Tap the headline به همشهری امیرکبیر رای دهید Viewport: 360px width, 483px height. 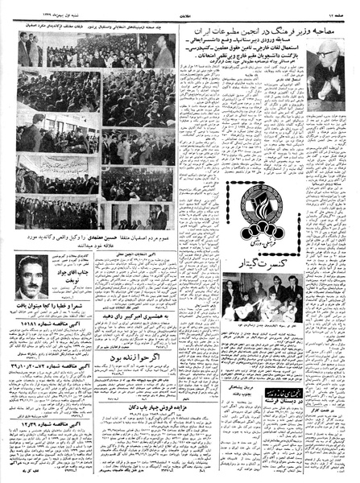131,317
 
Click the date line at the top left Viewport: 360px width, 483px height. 36,8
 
